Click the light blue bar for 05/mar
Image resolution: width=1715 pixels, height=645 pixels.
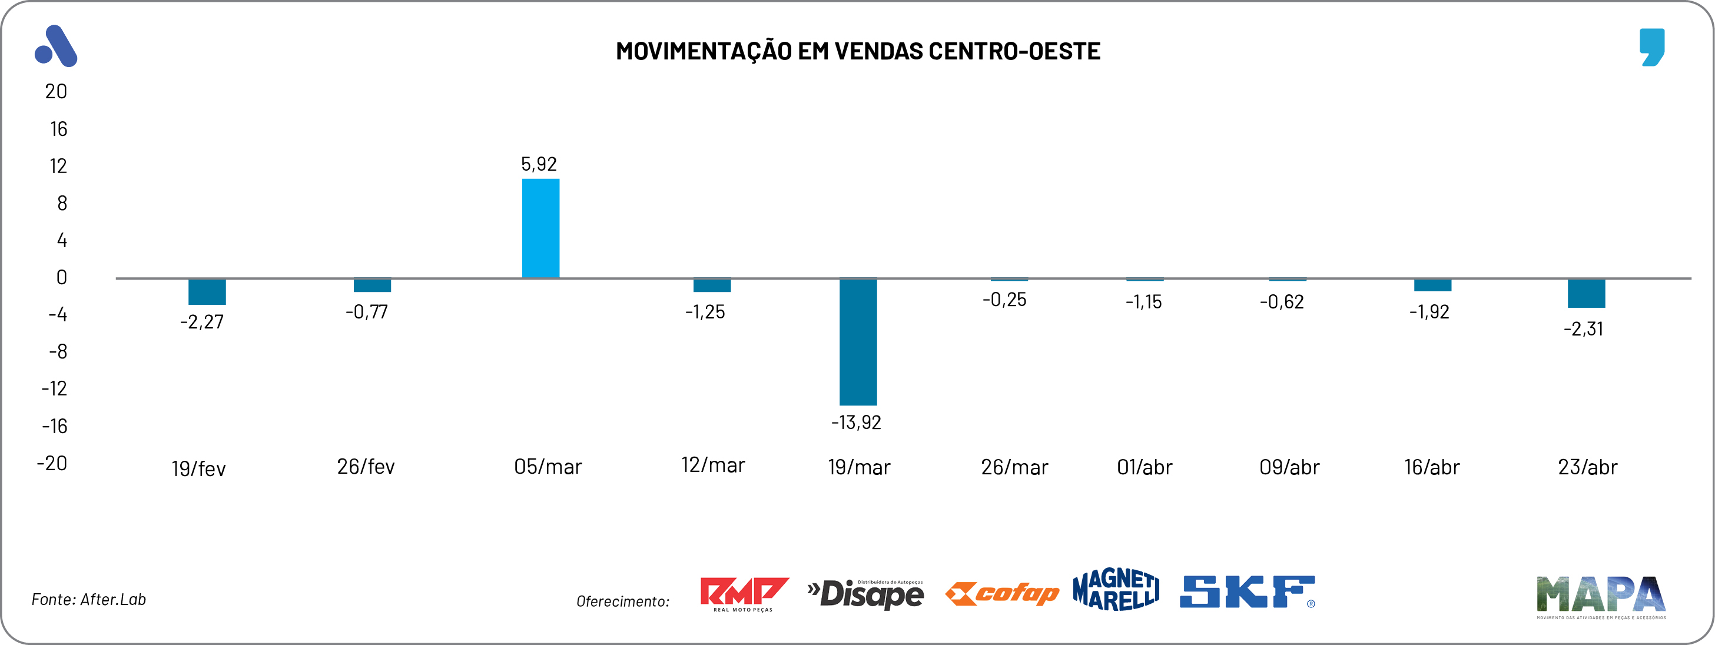(x=540, y=228)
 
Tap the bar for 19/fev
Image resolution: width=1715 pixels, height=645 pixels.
(x=207, y=291)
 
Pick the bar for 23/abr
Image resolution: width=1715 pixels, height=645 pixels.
(x=1586, y=293)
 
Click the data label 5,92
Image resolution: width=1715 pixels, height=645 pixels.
(x=539, y=164)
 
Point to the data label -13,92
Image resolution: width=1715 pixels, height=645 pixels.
(x=855, y=422)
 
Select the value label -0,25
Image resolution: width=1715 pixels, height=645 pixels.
(x=1004, y=300)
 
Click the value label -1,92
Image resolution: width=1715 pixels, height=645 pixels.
(x=1429, y=311)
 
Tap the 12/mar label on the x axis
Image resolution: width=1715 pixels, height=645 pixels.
(x=712, y=464)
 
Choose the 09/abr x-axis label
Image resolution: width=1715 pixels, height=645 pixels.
(x=1289, y=467)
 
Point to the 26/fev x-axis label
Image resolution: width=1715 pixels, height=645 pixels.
(x=366, y=466)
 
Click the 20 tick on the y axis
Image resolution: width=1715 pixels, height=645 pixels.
(x=56, y=91)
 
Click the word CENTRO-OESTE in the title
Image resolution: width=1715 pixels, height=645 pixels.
(x=1014, y=51)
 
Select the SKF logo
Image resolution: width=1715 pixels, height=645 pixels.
(x=1247, y=592)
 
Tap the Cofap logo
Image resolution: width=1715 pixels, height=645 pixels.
(x=1002, y=593)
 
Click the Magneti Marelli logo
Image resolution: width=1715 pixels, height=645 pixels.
(x=1116, y=590)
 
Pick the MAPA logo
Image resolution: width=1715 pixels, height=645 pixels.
(x=1600, y=595)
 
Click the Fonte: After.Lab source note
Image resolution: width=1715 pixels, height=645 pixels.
(x=88, y=599)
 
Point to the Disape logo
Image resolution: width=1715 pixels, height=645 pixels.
(x=865, y=594)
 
